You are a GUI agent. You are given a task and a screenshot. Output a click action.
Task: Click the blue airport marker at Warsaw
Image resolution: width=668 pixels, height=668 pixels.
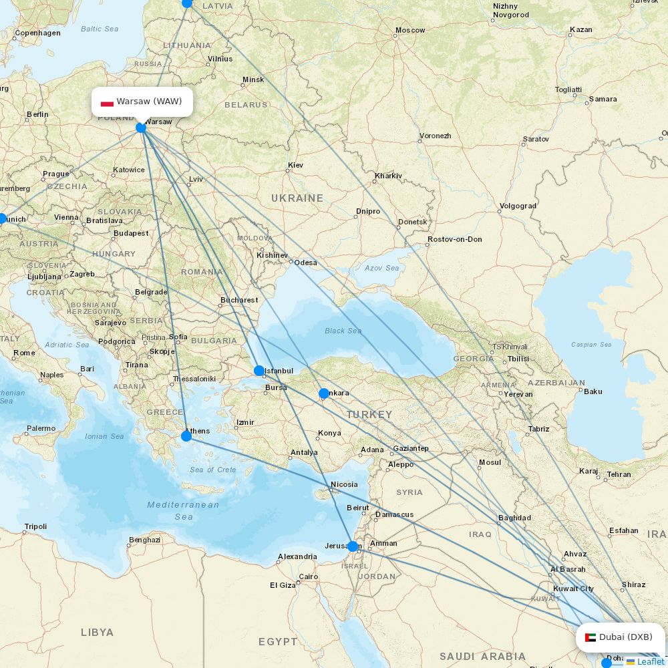141,128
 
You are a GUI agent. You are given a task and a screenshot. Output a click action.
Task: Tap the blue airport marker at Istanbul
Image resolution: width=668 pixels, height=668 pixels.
259,371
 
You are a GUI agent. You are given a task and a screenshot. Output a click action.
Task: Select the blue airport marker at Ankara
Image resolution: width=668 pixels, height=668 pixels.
324,393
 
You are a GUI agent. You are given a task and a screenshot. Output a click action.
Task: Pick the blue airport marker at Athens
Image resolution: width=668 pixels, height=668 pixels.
186,436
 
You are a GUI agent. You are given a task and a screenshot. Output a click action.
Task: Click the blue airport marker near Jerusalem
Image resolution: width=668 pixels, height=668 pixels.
353,546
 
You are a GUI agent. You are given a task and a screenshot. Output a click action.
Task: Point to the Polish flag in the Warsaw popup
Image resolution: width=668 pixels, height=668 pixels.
107,102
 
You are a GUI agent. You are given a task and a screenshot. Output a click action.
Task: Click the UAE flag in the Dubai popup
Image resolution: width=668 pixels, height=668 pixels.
591,637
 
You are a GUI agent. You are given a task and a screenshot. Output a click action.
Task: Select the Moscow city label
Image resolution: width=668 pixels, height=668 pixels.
410,30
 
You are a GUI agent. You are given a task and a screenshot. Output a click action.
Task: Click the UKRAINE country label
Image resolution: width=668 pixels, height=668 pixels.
297,198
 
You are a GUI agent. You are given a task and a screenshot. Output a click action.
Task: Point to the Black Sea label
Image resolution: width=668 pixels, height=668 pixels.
343,331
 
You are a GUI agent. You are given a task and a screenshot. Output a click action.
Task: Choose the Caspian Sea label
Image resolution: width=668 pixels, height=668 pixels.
591,345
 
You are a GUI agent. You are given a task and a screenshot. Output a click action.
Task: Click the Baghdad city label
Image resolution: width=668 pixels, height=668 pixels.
514,518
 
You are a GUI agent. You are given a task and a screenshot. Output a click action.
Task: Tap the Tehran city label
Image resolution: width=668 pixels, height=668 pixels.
619,474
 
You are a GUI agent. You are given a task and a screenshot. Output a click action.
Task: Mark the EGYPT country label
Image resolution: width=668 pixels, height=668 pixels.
278,641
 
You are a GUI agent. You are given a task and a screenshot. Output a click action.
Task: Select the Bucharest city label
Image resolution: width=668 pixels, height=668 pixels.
239,300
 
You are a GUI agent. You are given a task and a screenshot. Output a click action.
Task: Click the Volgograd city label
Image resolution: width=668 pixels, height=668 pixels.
518,206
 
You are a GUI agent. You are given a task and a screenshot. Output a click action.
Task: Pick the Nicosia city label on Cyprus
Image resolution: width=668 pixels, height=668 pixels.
344,484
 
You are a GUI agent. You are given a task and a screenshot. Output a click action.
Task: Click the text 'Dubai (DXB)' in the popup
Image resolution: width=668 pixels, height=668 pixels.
625,637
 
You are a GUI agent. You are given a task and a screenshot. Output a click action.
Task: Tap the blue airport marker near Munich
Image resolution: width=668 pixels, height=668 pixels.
2,218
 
